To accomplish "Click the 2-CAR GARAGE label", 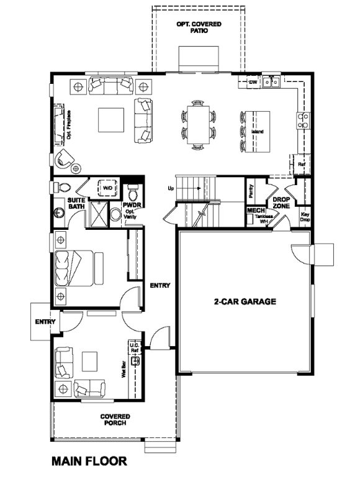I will pyautogui.click(x=245, y=302).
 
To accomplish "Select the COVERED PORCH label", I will pyautogui.click(x=116, y=419).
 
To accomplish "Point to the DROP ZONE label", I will pyautogui.click(x=282, y=202).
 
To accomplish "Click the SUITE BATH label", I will pyautogui.click(x=76, y=203).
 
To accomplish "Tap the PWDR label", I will pyautogui.click(x=130, y=204).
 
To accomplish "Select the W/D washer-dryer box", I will pyautogui.click(x=107, y=187).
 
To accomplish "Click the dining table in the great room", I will pyautogui.click(x=199, y=124).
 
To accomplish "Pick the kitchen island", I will pyautogui.click(x=256, y=131).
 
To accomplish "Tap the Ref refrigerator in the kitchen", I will pyautogui.click(x=301, y=164).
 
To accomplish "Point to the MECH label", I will pyautogui.click(x=256, y=211).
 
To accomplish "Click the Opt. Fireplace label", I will pyautogui.click(x=68, y=125).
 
